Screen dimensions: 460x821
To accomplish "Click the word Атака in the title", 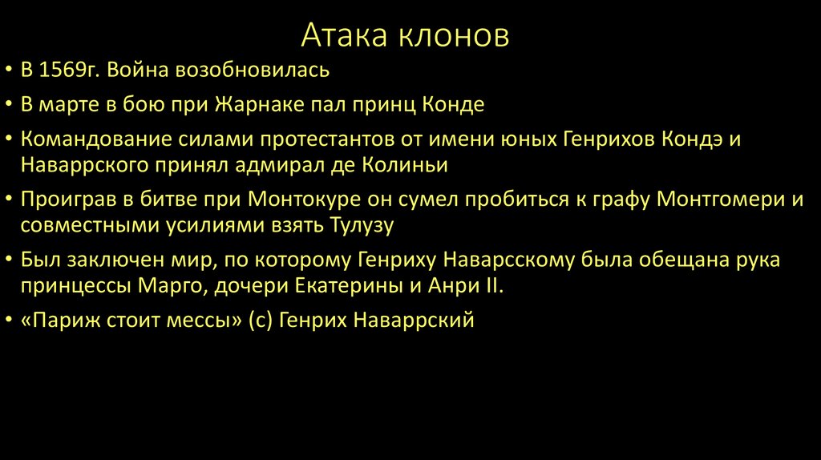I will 344,36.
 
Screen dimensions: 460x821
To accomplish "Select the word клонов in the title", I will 454,36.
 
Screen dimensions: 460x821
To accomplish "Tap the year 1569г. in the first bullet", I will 70,71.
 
